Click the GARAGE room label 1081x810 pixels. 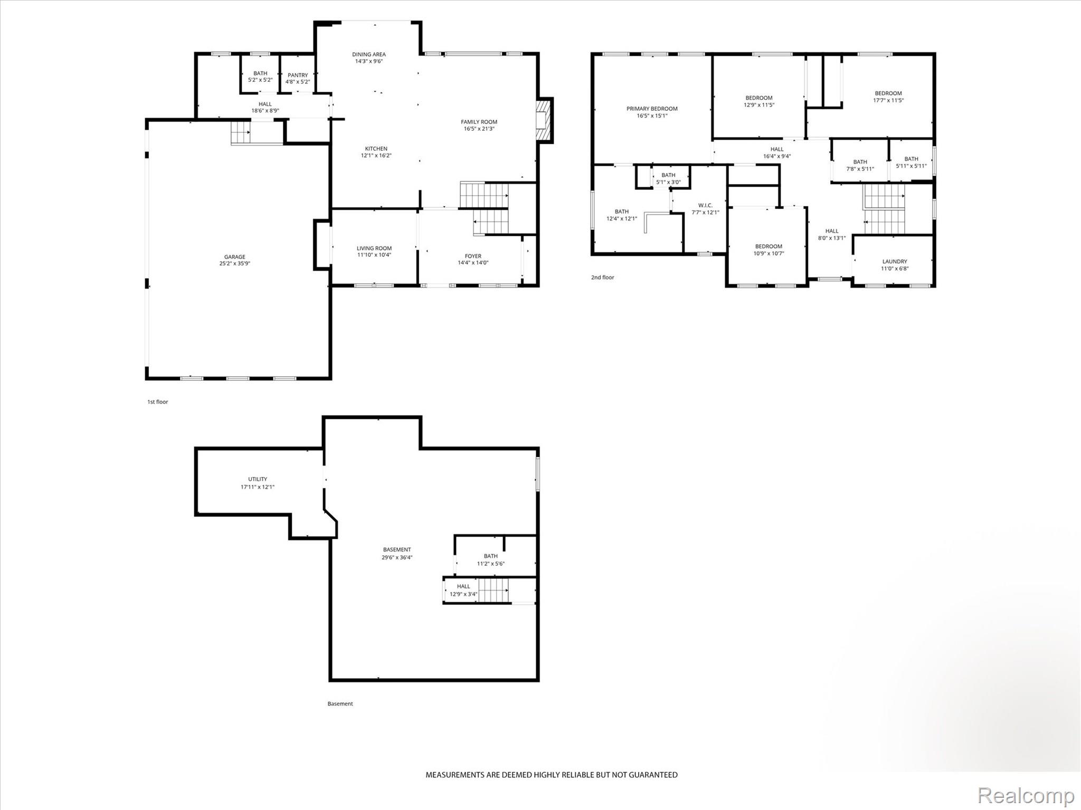pos(235,257)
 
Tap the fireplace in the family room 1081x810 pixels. pos(543,120)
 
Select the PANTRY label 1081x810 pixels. pos(298,75)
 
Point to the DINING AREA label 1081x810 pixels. pos(369,54)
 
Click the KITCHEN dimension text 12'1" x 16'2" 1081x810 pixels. pos(376,156)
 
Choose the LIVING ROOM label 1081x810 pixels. pos(374,248)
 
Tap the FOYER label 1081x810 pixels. pos(473,256)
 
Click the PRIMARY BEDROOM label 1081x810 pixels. pos(652,109)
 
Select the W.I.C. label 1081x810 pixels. pos(705,206)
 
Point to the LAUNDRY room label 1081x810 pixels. pos(895,262)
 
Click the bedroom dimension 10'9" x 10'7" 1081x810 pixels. pos(769,253)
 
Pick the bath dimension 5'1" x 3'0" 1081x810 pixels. pos(668,182)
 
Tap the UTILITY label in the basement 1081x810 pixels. pos(258,479)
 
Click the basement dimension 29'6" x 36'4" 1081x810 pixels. pos(397,557)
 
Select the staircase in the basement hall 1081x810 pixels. pos(494,590)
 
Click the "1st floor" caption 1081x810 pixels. pos(158,402)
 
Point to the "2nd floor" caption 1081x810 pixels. pos(603,277)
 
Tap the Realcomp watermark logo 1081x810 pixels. pos(1026,795)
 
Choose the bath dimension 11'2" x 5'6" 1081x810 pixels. pos(491,564)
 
